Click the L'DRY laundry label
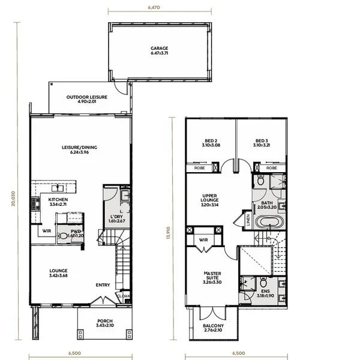click(x=116, y=218)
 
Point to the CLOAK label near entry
click(x=123, y=295)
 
